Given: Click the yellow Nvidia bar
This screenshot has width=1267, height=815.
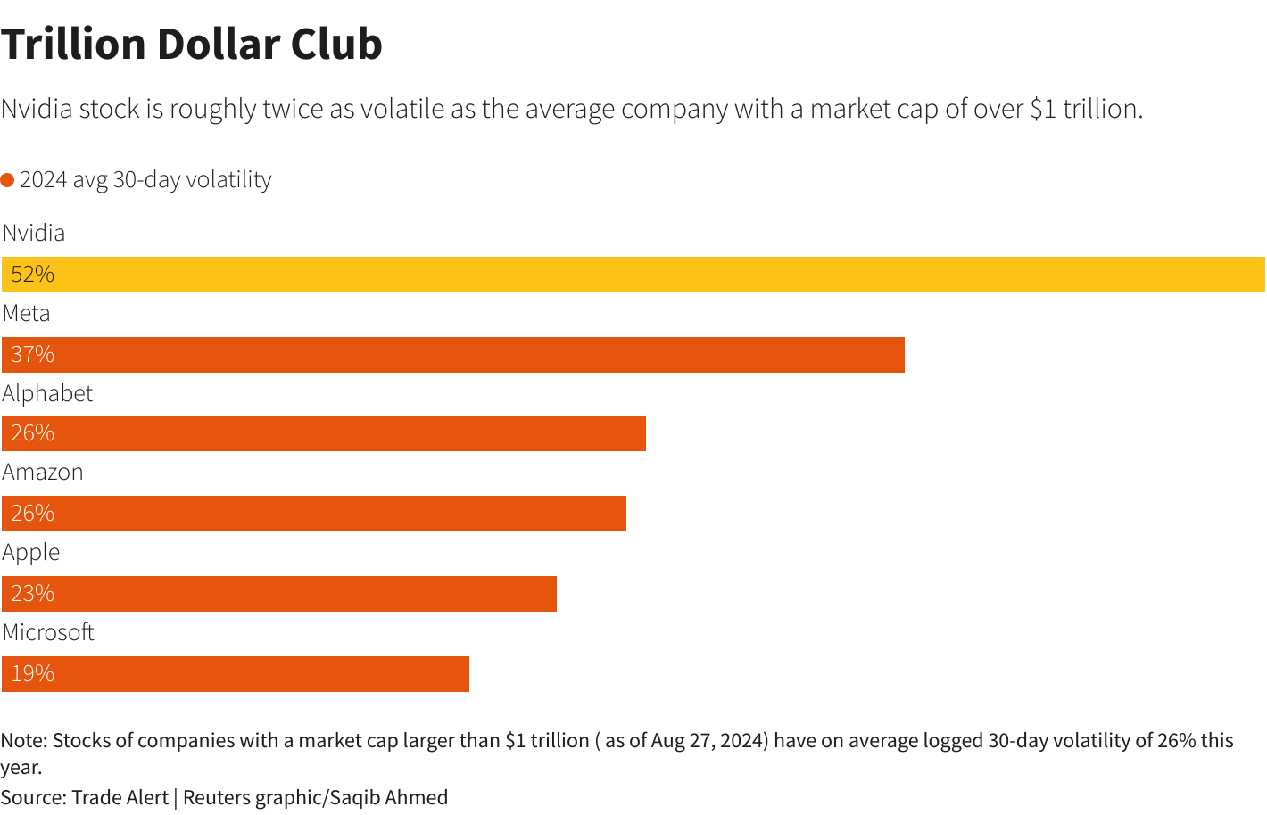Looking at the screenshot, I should click(633, 275).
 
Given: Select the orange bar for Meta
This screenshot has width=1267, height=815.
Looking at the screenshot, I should click(453, 355).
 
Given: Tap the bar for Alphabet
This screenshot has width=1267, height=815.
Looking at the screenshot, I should click(324, 433).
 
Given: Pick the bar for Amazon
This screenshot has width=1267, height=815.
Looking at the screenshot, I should click(314, 514).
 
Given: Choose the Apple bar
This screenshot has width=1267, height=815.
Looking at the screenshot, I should click(279, 594).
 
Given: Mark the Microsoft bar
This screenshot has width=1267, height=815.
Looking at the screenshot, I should click(236, 674).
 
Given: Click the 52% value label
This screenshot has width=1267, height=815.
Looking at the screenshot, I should click(33, 275).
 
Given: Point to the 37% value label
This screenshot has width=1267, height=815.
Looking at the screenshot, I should click(33, 355).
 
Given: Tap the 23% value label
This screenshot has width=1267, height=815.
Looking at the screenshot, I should click(33, 594).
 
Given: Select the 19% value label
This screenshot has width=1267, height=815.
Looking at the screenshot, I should click(33, 674).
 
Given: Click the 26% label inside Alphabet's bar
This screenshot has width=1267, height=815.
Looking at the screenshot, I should click(33, 433).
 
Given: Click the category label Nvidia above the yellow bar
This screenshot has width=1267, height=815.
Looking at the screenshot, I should click(34, 233).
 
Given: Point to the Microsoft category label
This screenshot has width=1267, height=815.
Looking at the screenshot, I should click(48, 632).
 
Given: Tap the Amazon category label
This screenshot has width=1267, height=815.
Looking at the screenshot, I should click(43, 472).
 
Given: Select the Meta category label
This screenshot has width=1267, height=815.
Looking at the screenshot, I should click(27, 313).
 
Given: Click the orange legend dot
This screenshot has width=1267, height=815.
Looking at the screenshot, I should click(8, 180).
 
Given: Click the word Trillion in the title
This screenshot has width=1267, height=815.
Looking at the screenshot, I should click(73, 44).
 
